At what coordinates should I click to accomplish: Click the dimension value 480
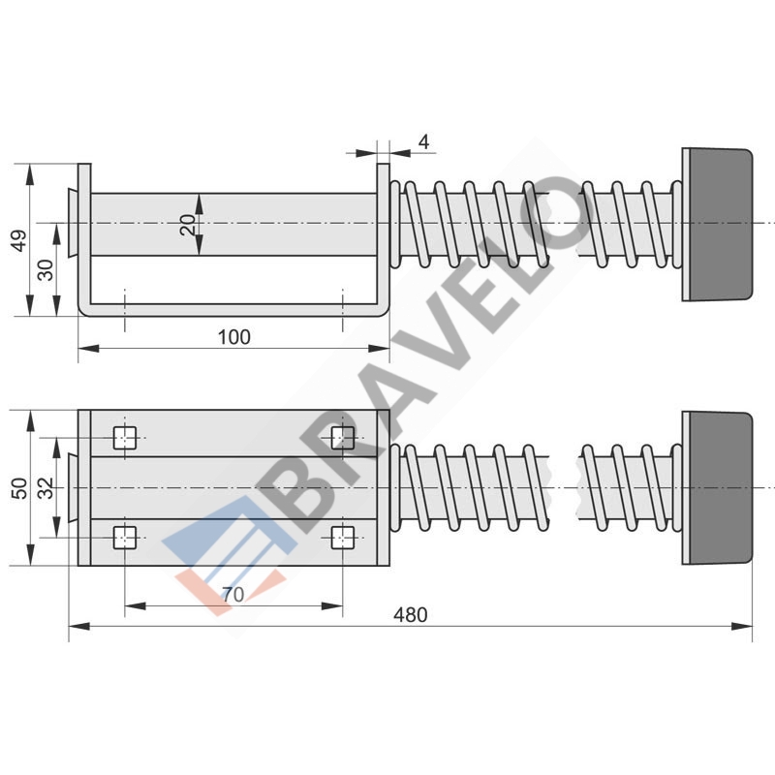410,615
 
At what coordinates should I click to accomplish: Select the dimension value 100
234,337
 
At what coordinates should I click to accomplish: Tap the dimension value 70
232,595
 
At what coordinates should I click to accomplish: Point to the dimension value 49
19,240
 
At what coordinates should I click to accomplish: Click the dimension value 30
46,270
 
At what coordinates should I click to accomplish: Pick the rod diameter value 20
188,225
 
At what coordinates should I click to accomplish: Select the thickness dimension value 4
423,142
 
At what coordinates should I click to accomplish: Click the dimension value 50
19,488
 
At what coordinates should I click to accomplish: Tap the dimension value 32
46,488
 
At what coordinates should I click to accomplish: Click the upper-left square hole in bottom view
125,438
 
